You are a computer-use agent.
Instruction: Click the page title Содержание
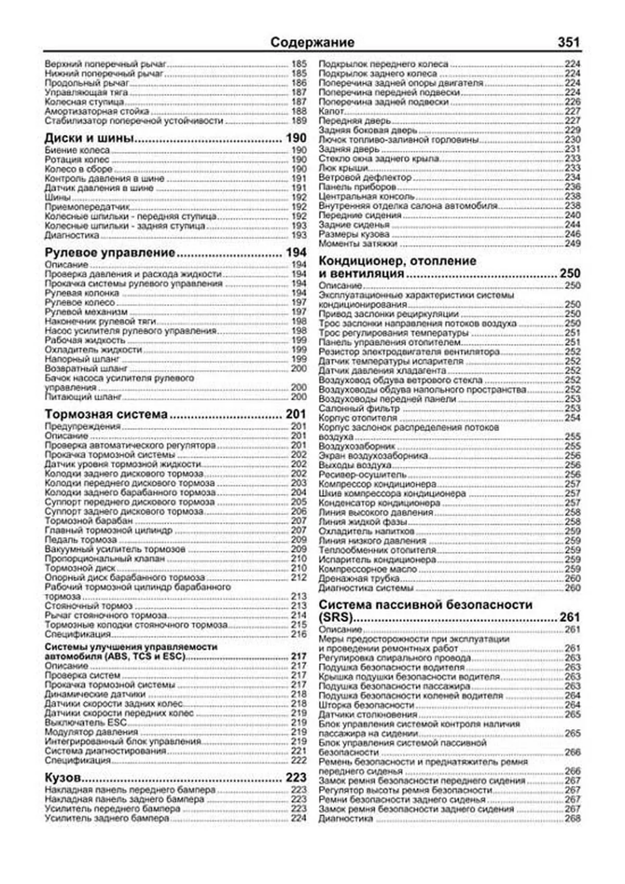pyautogui.click(x=312, y=42)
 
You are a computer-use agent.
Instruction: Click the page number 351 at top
pyautogui.click(x=568, y=42)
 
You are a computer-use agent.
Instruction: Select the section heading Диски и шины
pyautogui.click(x=90, y=139)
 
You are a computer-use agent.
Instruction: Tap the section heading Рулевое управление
pyautogui.click(x=110, y=253)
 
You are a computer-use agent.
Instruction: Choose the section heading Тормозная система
pyautogui.click(x=106, y=415)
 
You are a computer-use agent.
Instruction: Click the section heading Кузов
pyautogui.click(x=63, y=778)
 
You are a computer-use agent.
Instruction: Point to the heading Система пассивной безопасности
pyautogui.click(x=425, y=605)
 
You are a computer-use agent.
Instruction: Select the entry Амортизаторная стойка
pyautogui.click(x=97, y=111)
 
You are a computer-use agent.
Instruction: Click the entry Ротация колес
pyautogui.click(x=77, y=160)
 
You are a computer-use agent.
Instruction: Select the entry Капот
pyautogui.click(x=331, y=111)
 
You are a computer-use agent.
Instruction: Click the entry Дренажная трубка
pyautogui.click(x=352, y=579)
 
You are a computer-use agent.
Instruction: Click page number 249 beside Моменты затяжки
pyautogui.click(x=572, y=244)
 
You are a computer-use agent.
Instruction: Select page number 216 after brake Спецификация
pyautogui.click(x=298, y=634)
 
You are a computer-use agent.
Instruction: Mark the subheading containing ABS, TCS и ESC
pyautogui.click(x=115, y=656)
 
